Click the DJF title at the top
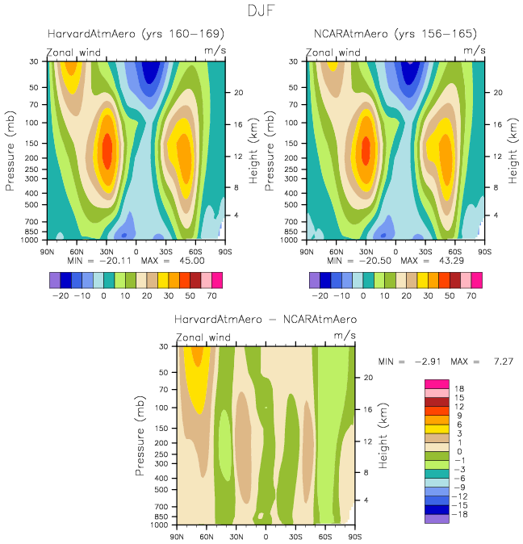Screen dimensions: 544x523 (x=261, y=11)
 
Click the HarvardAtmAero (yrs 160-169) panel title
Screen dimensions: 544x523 (x=135, y=34)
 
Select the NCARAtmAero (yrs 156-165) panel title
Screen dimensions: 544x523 (x=395, y=34)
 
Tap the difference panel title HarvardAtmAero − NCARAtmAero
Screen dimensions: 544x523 (x=266, y=320)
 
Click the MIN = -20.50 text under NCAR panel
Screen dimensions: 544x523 (x=362, y=262)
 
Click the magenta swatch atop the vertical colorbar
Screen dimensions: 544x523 (x=436, y=383)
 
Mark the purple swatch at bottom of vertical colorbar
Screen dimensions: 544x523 (x=436, y=519)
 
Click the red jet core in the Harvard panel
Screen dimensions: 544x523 (x=107, y=148)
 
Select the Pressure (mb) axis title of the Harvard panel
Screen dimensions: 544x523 (x=11, y=150)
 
